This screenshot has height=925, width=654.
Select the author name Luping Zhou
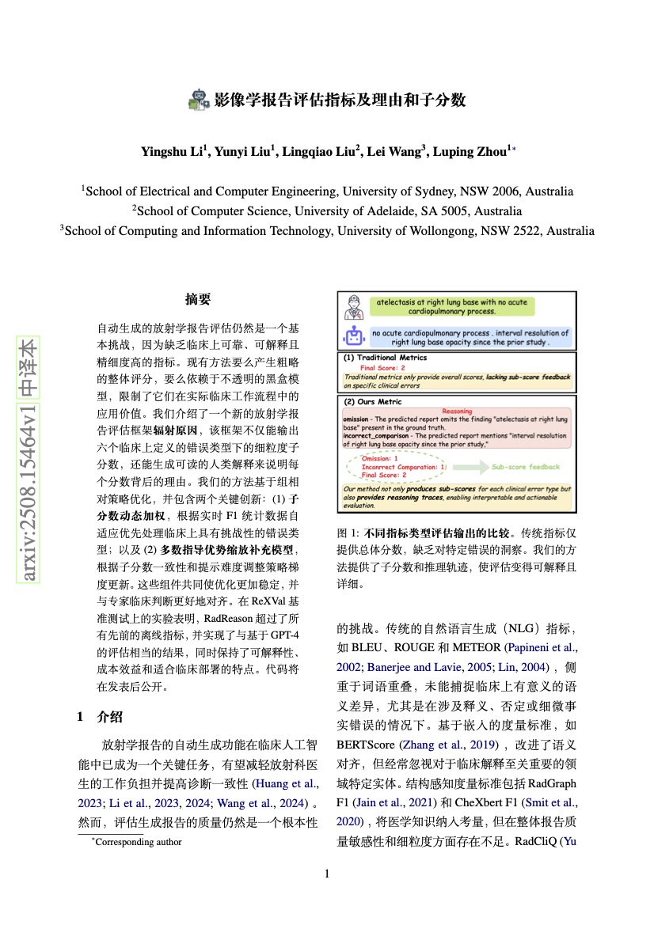pyautogui.click(x=473, y=151)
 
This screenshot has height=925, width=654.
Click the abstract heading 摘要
pyautogui.click(x=198, y=299)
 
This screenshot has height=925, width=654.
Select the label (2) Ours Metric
pyautogui.click(x=370, y=402)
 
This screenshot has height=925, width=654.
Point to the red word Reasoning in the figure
pyautogui.click(x=457, y=411)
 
